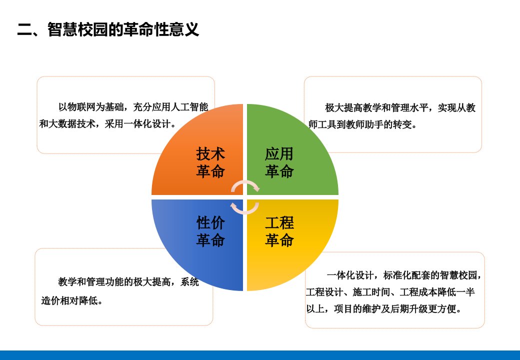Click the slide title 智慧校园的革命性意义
(123, 29)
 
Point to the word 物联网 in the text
(81, 107)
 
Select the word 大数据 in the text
(62, 124)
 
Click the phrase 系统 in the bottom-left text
(189, 282)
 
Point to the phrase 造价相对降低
(69, 300)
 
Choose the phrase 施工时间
(371, 292)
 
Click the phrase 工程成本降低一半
(437, 292)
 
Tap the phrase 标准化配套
(406, 275)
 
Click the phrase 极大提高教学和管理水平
(376, 107)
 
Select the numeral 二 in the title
(24, 30)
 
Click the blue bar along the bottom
(260, 355)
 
